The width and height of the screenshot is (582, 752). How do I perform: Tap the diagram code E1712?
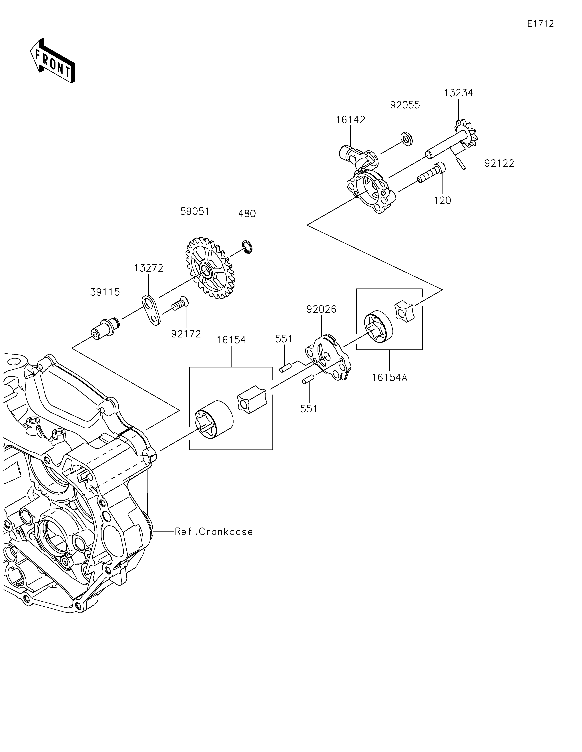540,24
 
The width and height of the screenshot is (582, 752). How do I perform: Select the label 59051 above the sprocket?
195,211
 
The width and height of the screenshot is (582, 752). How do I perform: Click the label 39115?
105,292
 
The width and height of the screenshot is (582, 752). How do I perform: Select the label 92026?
321,310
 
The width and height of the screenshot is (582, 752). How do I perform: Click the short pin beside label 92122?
461,163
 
